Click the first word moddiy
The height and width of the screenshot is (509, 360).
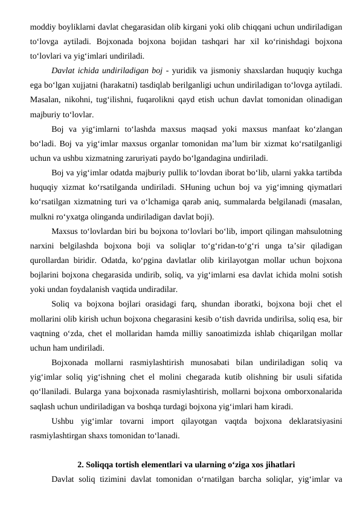(43, 27)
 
